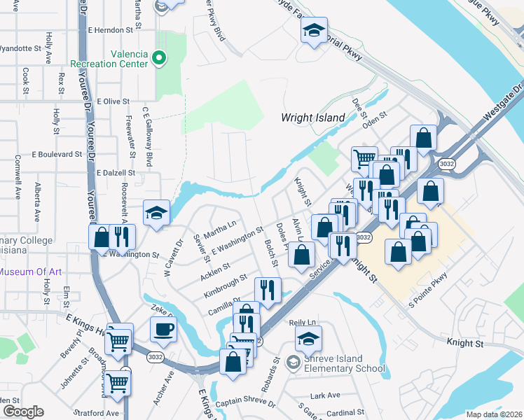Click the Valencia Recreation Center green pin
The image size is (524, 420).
[159, 57]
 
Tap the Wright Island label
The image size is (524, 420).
[314, 118]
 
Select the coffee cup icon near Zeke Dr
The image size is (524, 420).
[163, 328]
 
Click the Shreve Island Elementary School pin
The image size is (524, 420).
[294, 361]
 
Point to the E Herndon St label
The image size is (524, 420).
[111, 31]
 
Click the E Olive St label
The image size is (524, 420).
[113, 101]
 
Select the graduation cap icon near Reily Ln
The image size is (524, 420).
[308, 339]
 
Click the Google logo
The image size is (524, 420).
[22, 412]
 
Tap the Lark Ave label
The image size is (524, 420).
[325, 395]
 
